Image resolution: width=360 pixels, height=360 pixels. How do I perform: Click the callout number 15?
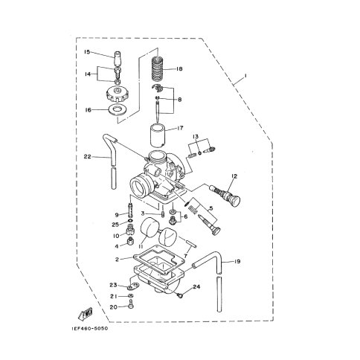tap(87, 52)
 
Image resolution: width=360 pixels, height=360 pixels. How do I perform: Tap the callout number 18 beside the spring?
tap(179, 68)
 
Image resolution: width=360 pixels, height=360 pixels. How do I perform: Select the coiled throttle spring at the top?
tap(158, 68)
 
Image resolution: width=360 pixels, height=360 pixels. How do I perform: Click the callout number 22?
tap(88, 157)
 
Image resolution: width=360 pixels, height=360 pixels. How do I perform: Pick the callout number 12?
tap(234, 176)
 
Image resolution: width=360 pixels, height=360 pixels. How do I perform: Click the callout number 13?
tap(196, 136)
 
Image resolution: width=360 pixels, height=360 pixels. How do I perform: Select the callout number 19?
tap(237, 261)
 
